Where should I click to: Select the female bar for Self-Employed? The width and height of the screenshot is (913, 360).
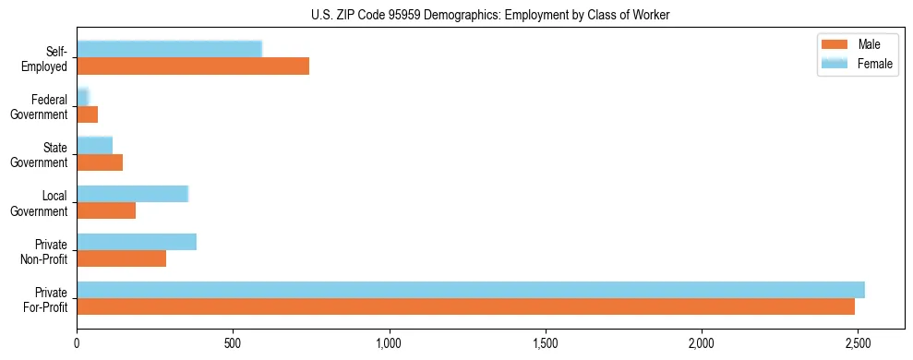[x=169, y=49]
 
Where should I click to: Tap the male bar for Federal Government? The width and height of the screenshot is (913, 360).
[x=88, y=114]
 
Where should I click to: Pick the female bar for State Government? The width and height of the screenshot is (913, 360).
[x=94, y=145]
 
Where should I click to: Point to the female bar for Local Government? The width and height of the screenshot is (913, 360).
[x=132, y=193]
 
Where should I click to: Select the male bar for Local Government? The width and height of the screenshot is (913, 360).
[x=106, y=210]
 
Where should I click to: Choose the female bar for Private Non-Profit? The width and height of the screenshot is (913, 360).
[x=137, y=242]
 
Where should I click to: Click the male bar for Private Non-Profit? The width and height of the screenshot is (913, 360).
[x=122, y=259]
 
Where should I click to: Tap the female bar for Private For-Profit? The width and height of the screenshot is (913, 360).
[x=471, y=290]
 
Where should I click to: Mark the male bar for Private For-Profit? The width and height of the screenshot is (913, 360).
[x=465, y=307]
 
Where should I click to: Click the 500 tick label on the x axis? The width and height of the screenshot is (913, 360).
[x=233, y=344]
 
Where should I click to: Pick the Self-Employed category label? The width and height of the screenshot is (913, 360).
[x=46, y=58]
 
